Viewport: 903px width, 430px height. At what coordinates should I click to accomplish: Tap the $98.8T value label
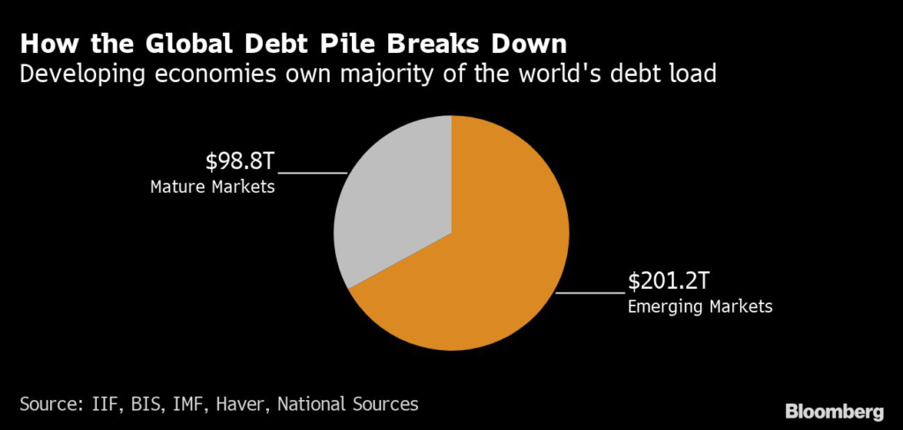241,163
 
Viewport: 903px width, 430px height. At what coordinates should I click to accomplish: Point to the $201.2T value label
669,282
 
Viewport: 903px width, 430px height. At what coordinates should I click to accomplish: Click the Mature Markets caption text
213,187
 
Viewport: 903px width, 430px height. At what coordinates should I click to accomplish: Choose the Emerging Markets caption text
699,307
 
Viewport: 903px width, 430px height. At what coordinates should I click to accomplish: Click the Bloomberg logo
833,411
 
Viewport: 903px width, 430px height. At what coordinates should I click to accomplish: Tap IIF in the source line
113,404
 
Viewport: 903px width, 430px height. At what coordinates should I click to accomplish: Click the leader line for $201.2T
591,292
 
